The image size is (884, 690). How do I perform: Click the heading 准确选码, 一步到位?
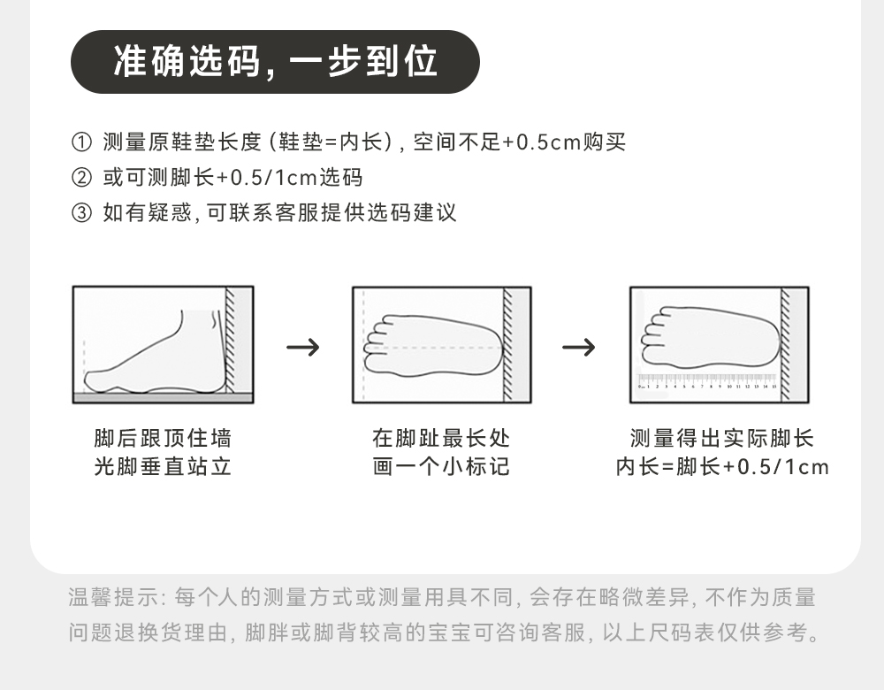275,62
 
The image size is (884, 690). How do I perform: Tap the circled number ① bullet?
80,142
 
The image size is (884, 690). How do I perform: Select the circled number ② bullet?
80,178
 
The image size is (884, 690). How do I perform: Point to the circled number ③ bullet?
80,213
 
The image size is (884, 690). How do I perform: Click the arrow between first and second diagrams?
302,347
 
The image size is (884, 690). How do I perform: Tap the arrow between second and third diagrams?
579,347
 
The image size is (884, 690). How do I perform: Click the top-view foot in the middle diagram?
433,345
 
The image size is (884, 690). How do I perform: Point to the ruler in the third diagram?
707,383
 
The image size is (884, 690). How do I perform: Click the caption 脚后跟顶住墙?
163,439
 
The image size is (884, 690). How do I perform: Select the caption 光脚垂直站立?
163,467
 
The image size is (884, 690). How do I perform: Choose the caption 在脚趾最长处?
441,439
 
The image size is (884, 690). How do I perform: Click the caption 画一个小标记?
441,467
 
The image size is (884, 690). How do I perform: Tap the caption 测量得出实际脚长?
721,439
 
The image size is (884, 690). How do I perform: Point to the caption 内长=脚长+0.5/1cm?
721,467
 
